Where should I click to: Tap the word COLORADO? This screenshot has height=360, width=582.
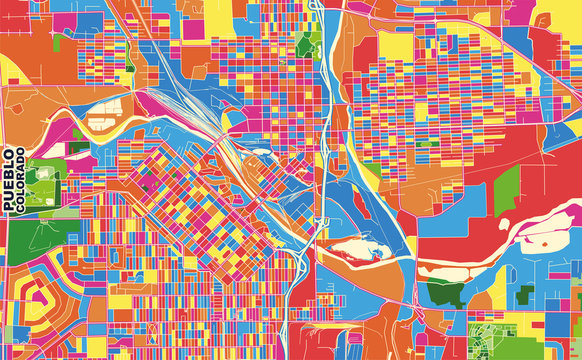tap(22, 181)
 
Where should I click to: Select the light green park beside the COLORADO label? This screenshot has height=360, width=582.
tap(41, 180)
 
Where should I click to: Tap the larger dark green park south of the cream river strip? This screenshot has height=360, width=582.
tap(446, 292)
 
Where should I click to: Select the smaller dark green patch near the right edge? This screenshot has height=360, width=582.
tap(526, 295)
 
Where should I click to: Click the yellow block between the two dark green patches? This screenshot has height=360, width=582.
tap(485, 295)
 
